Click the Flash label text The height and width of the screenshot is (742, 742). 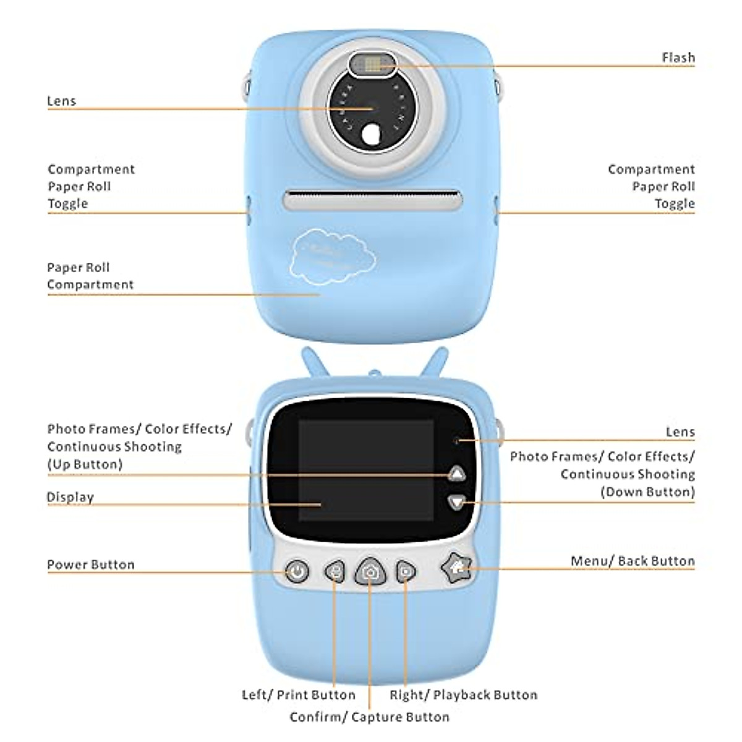tap(678, 58)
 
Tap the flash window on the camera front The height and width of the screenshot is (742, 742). tap(372, 64)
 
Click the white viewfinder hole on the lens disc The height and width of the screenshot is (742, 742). tap(372, 135)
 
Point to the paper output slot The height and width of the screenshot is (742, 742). tap(372, 200)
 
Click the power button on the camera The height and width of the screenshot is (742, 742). tap(297, 571)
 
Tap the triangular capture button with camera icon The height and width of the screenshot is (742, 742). tap(370, 571)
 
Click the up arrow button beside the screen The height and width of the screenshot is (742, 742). tap(457, 474)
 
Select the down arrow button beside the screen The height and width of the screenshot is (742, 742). tap(457, 501)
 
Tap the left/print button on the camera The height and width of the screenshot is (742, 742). tap(335, 571)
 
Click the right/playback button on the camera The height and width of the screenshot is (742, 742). tap(406, 571)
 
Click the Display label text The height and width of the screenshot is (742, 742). tap(70, 497)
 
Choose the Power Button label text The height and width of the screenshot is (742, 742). tap(91, 565)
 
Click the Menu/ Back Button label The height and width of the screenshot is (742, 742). tap(632, 561)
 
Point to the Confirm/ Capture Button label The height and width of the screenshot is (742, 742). tap(369, 717)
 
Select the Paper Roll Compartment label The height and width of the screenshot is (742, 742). tap(90, 276)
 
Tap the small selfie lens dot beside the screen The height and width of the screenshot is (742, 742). tap(456, 441)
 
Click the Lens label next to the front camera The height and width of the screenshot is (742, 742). tap(62, 101)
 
